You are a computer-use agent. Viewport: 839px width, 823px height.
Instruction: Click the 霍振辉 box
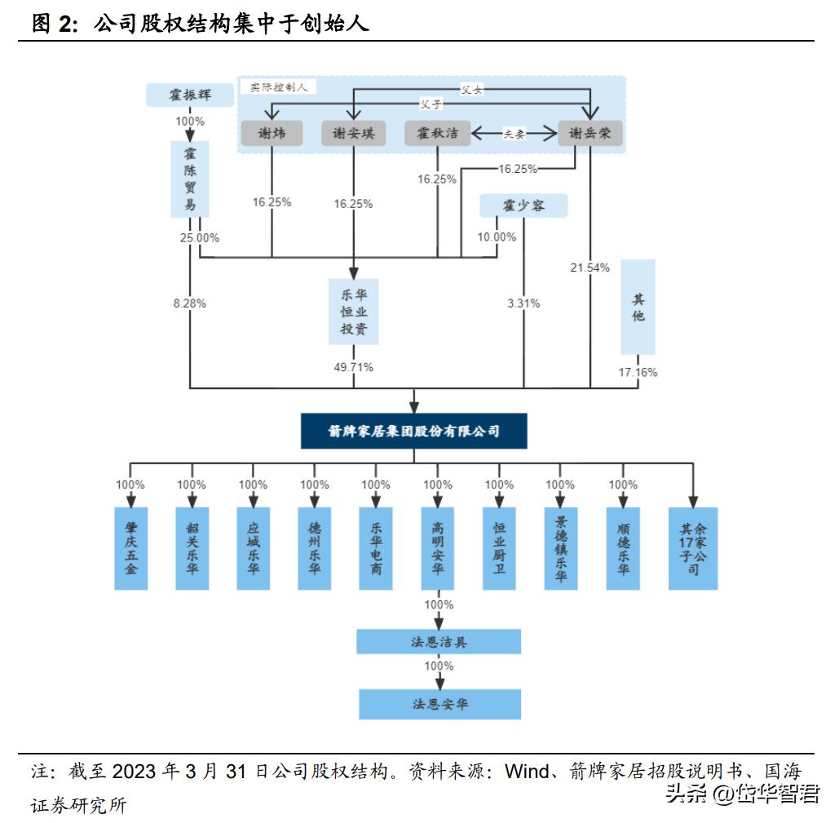(190, 95)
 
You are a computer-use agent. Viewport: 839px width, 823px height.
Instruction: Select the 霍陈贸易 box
(190, 179)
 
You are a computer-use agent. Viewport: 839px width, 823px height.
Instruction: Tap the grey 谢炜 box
(272, 134)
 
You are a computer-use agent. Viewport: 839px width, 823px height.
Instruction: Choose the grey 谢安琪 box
(353, 134)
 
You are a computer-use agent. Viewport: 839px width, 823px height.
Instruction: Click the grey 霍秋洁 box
(438, 134)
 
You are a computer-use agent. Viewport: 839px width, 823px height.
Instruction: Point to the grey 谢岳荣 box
(590, 134)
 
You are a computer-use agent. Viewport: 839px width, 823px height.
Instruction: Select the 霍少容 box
(523, 206)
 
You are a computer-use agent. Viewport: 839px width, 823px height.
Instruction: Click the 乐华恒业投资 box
(354, 311)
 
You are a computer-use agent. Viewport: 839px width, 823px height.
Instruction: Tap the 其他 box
(638, 307)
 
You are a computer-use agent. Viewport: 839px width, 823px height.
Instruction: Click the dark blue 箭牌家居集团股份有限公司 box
(414, 431)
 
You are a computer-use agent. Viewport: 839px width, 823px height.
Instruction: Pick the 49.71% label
(354, 367)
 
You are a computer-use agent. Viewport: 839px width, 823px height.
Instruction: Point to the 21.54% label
(590, 268)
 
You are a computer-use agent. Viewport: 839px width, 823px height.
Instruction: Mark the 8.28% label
(189, 303)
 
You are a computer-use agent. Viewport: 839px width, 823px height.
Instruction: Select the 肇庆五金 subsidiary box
(130, 548)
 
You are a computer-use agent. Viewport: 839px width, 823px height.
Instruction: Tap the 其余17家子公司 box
(693, 548)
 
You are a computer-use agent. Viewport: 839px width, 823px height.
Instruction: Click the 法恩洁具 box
(439, 642)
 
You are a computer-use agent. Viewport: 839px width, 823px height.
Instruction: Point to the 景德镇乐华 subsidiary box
(560, 548)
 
